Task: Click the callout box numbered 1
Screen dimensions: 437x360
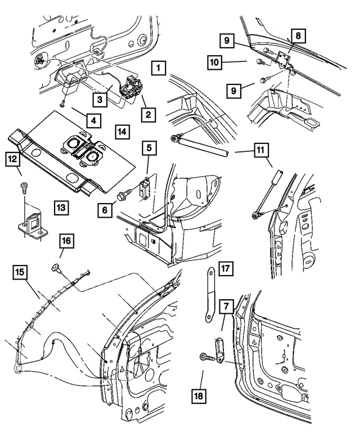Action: click(x=160, y=69)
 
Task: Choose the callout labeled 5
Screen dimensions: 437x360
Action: click(x=148, y=148)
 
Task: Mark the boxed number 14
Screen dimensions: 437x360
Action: click(x=122, y=132)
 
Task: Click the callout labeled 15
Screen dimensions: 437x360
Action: click(x=20, y=273)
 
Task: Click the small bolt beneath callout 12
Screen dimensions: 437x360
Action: click(x=23, y=187)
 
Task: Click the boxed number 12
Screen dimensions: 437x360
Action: click(x=13, y=159)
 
